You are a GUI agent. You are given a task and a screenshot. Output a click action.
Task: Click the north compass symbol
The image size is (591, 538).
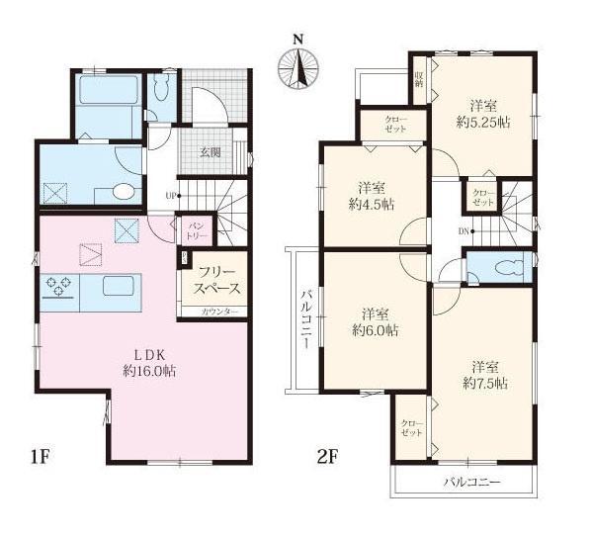tap(298, 68)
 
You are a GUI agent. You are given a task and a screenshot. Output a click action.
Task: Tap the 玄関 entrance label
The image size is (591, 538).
tap(210, 152)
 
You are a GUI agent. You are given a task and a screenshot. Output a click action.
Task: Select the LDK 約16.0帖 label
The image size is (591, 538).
tap(149, 363)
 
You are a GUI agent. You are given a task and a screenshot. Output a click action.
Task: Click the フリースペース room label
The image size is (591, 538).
tap(216, 280)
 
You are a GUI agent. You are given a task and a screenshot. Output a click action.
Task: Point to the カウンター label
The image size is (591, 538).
tap(219, 312)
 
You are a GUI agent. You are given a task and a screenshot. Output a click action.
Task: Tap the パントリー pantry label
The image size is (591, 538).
tap(197, 231)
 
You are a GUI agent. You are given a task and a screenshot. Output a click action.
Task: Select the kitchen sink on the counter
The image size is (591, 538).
tap(119, 286)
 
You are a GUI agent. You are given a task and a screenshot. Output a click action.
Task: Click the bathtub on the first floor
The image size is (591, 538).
tap(109, 90)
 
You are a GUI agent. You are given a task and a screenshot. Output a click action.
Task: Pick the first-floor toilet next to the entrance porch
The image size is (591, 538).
tap(162, 88)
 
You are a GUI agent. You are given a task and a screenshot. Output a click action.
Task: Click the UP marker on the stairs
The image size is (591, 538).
tap(173, 196)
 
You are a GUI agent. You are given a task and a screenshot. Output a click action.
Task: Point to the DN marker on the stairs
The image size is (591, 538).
tap(465, 231)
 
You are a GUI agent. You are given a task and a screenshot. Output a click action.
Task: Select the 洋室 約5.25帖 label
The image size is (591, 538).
tap(483, 114)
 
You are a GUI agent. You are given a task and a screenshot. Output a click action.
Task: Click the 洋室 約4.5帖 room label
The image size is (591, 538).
tap(372, 197)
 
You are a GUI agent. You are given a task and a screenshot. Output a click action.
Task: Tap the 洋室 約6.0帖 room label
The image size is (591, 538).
tap(376, 322)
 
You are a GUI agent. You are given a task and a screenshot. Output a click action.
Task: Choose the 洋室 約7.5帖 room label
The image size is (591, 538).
tap(485, 376)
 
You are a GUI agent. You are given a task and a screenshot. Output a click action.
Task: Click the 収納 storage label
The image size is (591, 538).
tap(419, 79)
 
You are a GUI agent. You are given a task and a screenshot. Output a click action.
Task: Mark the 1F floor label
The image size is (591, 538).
tap(41, 457)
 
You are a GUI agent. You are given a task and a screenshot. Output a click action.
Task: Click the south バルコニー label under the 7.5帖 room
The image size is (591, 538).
tap(472, 483)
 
